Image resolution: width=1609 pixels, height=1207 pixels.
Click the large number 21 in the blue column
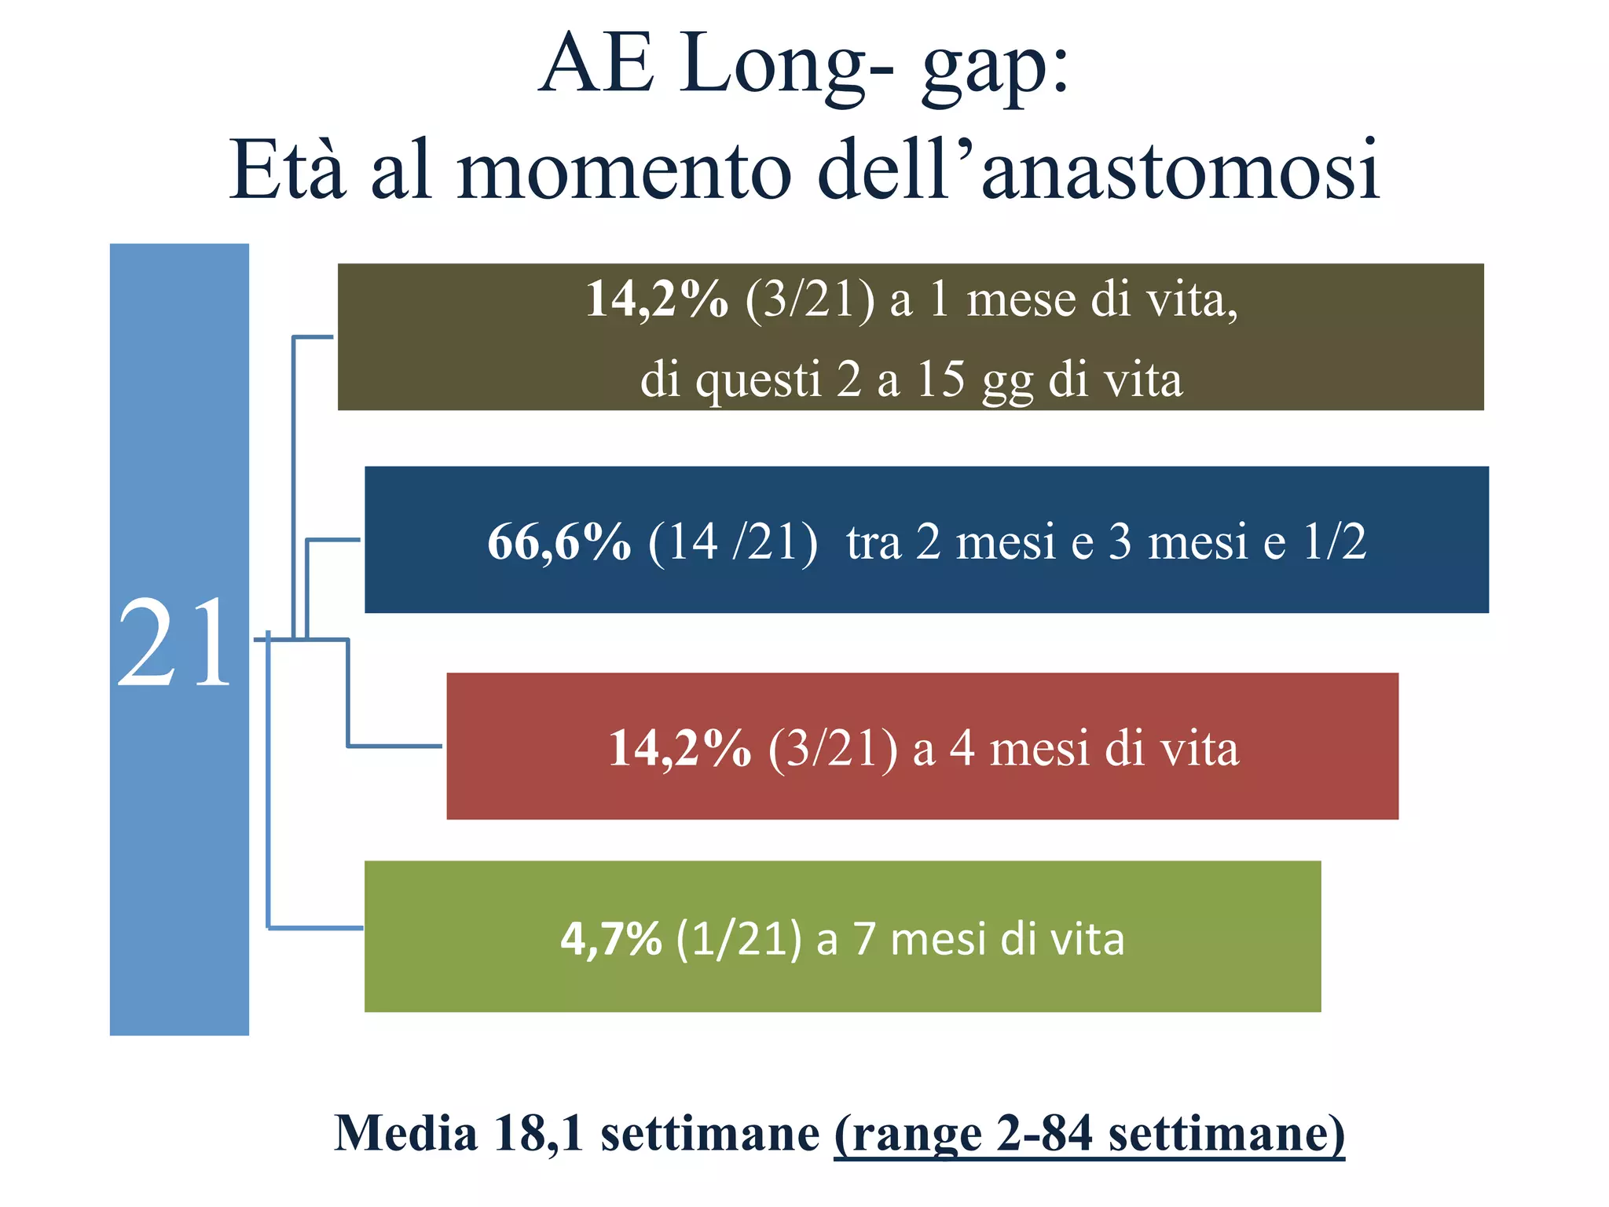(x=174, y=642)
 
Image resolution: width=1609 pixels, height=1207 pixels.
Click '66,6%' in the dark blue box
(x=559, y=542)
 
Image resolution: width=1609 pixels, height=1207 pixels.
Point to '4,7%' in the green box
(x=610, y=938)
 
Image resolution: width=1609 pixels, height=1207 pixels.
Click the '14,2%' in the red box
(x=680, y=748)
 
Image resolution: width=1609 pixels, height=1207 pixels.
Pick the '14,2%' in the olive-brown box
(x=657, y=299)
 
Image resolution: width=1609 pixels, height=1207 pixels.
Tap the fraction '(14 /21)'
(x=732, y=542)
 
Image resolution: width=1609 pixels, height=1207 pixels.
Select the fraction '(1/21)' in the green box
(x=739, y=938)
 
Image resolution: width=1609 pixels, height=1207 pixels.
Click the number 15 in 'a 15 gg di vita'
(x=940, y=379)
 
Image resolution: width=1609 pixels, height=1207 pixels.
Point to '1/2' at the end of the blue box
(x=1335, y=542)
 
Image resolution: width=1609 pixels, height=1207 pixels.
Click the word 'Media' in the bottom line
(x=405, y=1134)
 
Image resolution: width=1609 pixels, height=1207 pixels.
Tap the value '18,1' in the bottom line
(x=540, y=1134)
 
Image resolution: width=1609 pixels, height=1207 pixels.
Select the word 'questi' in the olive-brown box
(x=759, y=380)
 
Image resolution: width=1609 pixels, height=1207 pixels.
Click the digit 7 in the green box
(x=864, y=938)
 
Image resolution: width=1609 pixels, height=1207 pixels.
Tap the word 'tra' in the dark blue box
(x=874, y=542)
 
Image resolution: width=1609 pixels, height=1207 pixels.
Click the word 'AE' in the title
(x=596, y=64)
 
